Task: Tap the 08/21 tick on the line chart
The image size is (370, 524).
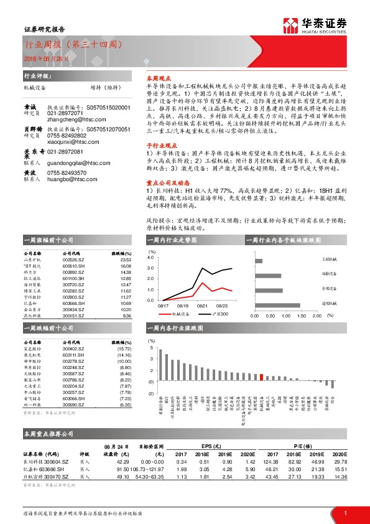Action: click(x=201, y=305)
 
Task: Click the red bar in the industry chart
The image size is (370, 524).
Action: click(x=262, y=377)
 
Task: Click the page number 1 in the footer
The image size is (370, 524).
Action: click(x=344, y=513)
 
